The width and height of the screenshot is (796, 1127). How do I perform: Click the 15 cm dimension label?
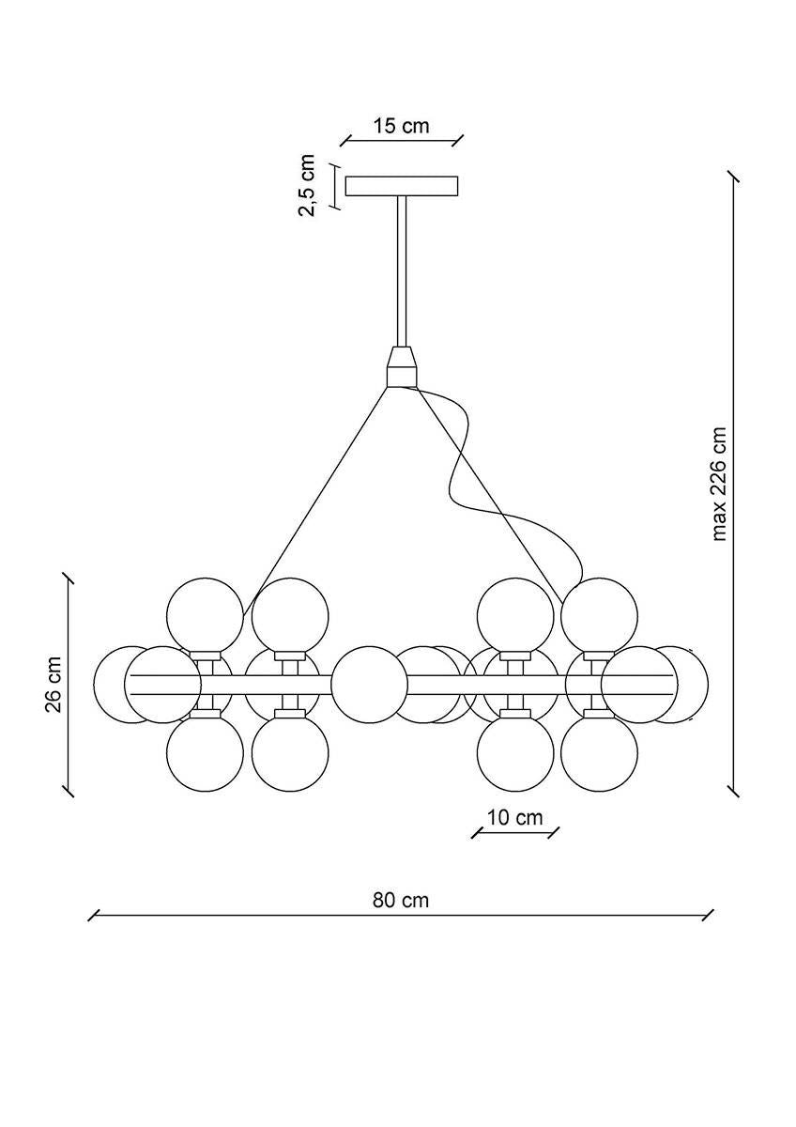click(x=401, y=126)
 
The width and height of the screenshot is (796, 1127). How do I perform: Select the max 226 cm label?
click(x=720, y=485)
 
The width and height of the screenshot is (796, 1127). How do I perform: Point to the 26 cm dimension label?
click(x=54, y=684)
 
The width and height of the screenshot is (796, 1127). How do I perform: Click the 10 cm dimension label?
click(x=515, y=817)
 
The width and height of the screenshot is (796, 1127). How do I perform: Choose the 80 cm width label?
click(x=401, y=900)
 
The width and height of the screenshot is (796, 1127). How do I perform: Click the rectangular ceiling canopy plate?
click(x=402, y=186)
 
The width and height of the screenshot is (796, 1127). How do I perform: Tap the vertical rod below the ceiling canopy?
click(x=402, y=272)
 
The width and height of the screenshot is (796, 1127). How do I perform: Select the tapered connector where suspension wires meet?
click(x=402, y=367)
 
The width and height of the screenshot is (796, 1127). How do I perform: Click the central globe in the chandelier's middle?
click(x=370, y=684)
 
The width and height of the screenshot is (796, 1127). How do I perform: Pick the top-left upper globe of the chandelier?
click(x=205, y=615)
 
